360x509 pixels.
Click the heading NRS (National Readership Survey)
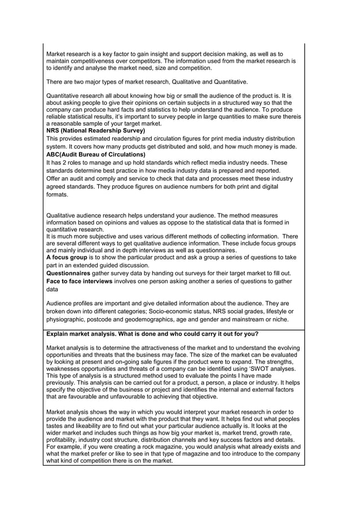(95, 130)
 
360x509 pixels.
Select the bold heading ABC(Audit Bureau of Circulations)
(95, 154)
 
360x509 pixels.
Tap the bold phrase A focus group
(66, 257)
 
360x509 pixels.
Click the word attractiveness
(156, 348)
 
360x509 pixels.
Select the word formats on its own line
(57, 194)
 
